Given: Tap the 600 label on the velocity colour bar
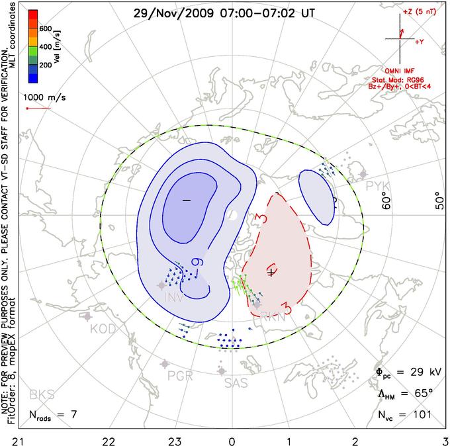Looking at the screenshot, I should click(46, 28).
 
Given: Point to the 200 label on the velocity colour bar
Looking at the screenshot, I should click(46, 66).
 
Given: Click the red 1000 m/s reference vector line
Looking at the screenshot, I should click(39, 109).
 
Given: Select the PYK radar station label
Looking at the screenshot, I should click(378, 186).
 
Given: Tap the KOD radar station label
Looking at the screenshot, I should click(103, 329).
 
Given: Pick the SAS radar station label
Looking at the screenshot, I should click(236, 382).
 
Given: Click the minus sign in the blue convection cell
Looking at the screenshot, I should click(186, 199).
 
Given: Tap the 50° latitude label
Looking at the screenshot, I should click(438, 199).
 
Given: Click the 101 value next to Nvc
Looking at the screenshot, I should click(422, 414).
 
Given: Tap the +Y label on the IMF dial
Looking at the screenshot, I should click(420, 42).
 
